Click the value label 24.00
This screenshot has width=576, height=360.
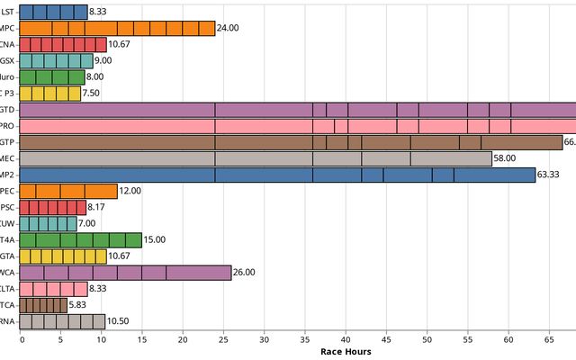pyautogui.click(x=228, y=28)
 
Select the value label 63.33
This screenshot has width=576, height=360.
pyautogui.click(x=548, y=175)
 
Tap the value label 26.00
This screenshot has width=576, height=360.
pyautogui.click(x=244, y=272)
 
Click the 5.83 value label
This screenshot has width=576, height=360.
pyautogui.click(x=79, y=304)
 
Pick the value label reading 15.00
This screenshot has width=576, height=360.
pyautogui.click(x=155, y=239)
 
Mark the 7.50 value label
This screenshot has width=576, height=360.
pyautogui.click(x=93, y=93)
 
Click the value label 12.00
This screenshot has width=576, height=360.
pyautogui.click(x=130, y=191)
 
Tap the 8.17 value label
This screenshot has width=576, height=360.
pyautogui.click(x=98, y=207)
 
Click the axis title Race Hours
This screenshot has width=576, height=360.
pyautogui.click(x=346, y=352)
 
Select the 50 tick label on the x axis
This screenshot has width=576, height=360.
pyautogui.click(x=427, y=339)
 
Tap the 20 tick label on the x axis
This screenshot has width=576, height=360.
pyautogui.click(x=183, y=339)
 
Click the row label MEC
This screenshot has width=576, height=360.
pyautogui.click(x=9, y=158)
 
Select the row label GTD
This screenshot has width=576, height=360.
pyautogui.click(x=9, y=110)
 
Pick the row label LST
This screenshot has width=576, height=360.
pyautogui.click(x=9, y=12)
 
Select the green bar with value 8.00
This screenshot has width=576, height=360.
pyautogui.click(x=52, y=76)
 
